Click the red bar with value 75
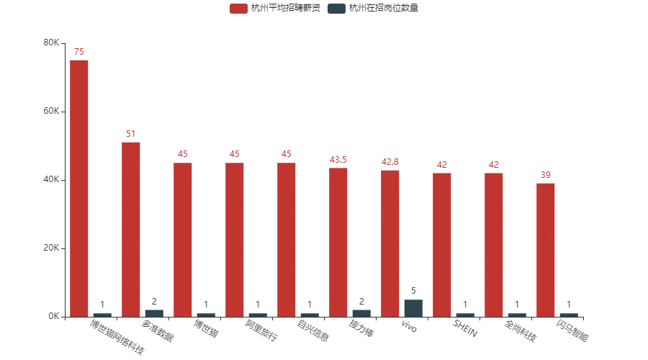click(x=79, y=187)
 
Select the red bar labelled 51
click(x=131, y=228)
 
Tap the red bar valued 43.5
click(x=338, y=241)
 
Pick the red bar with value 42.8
click(x=390, y=243)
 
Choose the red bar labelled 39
click(x=546, y=249)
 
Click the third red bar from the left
click(x=183, y=238)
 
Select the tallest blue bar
click(x=414, y=308)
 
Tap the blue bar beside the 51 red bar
click(x=155, y=311)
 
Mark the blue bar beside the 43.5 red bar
click(x=362, y=311)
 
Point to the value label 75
click(x=79, y=51)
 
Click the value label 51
click(x=131, y=134)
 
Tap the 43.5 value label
click(x=338, y=160)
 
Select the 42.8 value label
click(x=390, y=162)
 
